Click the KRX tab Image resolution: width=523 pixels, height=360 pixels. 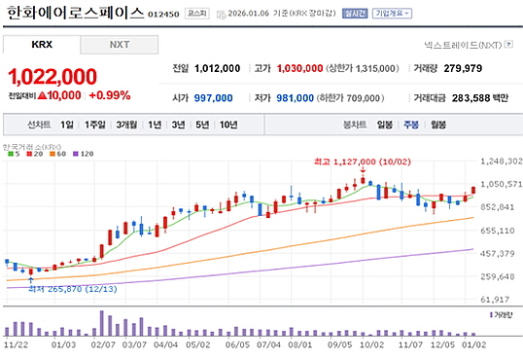coord(42,45)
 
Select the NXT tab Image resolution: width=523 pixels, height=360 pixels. coord(119,45)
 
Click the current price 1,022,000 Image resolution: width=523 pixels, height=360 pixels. coord(52,77)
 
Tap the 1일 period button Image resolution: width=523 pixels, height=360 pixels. coord(66,125)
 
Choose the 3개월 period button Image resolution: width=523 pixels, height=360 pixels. coord(126,125)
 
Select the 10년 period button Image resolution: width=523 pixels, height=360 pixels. coord(227,125)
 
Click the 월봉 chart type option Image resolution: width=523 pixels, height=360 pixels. coord(437,125)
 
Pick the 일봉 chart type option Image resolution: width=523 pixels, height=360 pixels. coord(385,125)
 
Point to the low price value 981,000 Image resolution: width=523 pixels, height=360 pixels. coord(294,97)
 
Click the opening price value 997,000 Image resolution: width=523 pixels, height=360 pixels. coord(214,97)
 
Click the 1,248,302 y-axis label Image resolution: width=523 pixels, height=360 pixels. coord(502,162)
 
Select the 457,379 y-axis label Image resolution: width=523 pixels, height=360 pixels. coord(502,254)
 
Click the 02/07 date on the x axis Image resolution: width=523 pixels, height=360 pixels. coord(102,343)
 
